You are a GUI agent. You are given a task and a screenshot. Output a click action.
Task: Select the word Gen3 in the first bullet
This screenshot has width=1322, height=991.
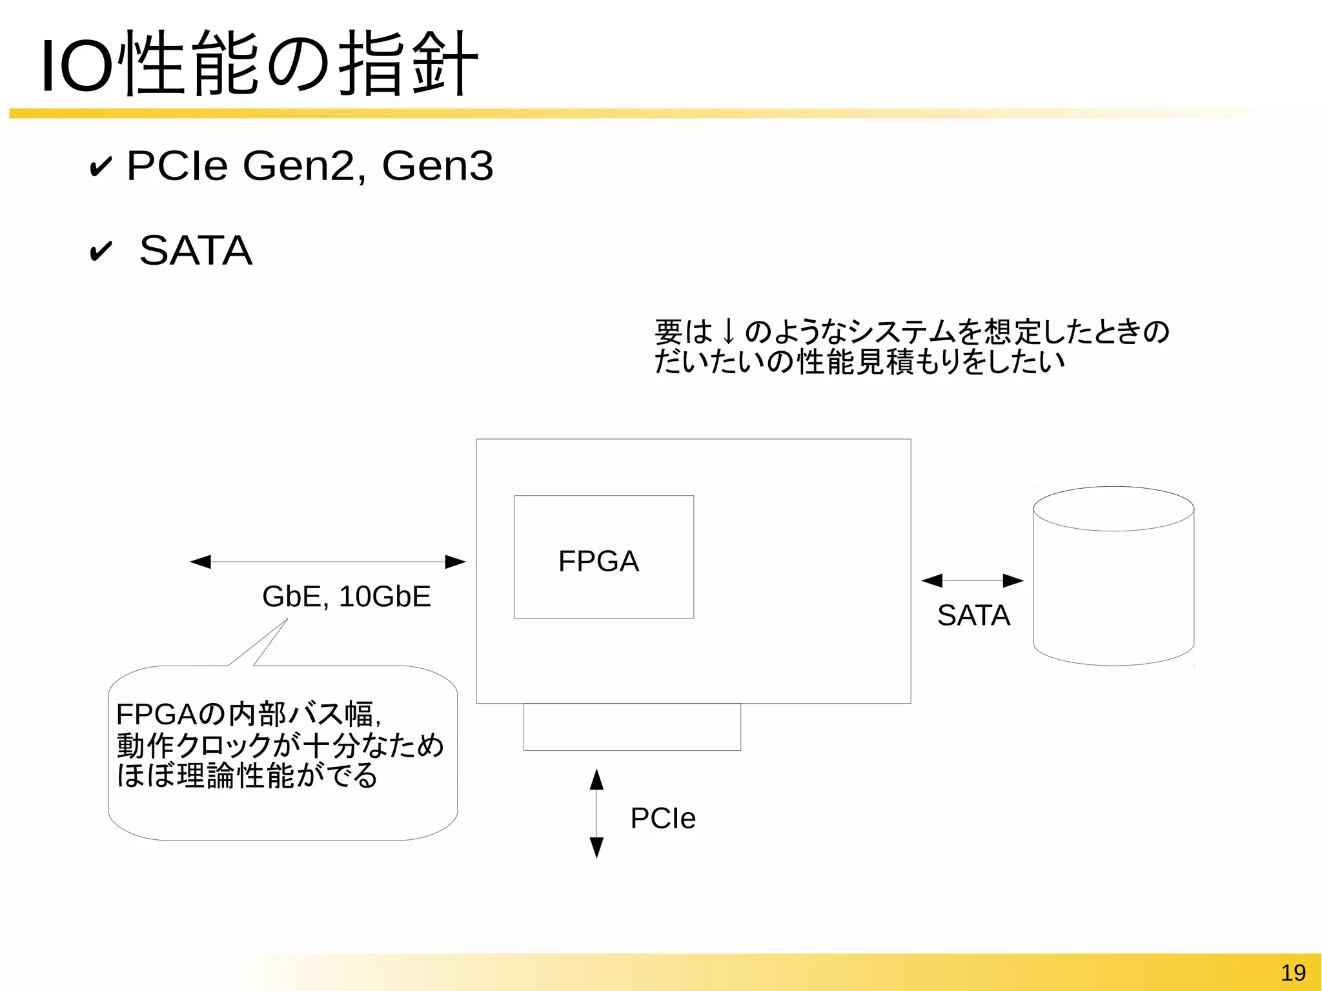coord(437,166)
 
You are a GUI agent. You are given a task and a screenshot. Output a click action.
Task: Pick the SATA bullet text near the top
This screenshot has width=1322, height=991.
coord(196,250)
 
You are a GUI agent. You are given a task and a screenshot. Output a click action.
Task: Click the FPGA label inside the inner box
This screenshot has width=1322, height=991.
coord(598,561)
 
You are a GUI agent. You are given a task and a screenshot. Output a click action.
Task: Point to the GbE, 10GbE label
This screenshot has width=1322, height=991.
coord(346,597)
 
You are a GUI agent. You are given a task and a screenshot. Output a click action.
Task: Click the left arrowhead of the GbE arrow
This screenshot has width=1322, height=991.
coord(201,562)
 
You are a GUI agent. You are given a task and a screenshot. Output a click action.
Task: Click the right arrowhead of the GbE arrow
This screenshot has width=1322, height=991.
coord(455,562)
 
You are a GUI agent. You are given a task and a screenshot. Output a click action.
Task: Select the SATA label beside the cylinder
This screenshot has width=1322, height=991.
coord(973,615)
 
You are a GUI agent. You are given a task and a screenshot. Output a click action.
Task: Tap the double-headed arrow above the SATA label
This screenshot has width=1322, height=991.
coord(972,580)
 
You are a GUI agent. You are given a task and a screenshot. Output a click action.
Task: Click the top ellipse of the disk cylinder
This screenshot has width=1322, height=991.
coord(1114,509)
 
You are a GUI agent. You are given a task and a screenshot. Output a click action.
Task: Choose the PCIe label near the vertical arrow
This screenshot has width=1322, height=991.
coord(663,819)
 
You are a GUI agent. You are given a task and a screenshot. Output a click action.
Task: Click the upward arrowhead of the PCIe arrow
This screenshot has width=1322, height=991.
coord(596,780)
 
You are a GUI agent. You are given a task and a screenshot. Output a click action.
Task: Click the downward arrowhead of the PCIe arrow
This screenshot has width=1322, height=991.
coord(596,847)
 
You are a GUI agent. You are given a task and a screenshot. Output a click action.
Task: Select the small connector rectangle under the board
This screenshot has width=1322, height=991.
coord(632,727)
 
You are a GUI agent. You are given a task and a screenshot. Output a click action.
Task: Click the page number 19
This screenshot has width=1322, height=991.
coord(1293,972)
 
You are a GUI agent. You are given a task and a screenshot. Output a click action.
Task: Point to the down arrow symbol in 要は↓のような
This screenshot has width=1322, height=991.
coord(729,332)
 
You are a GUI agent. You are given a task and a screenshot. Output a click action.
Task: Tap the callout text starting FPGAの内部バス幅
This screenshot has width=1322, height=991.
coord(280,745)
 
